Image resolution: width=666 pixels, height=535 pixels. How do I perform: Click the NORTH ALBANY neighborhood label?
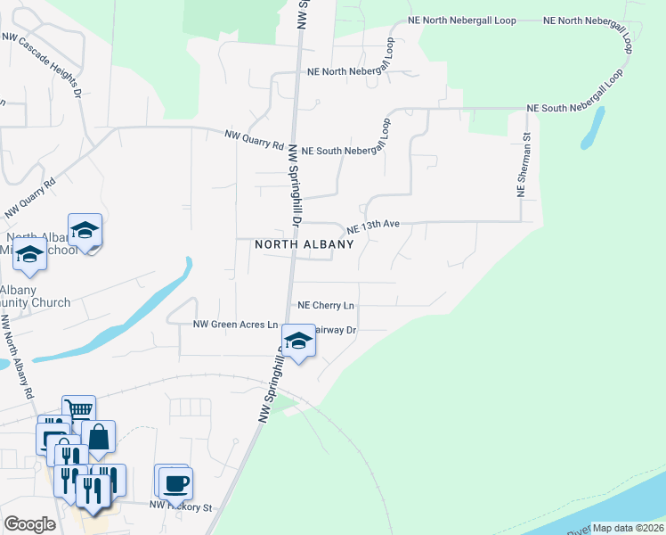[x=305, y=243]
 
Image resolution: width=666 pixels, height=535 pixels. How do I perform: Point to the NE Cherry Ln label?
[x=326, y=305]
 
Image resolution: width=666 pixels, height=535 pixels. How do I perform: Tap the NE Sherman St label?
[x=524, y=166]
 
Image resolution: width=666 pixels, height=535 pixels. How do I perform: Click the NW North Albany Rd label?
[x=19, y=357]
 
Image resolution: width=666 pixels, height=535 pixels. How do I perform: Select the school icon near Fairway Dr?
[x=298, y=341]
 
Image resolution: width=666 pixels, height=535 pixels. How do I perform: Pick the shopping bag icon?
[x=98, y=437]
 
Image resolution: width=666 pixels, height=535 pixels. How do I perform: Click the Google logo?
[x=29, y=524]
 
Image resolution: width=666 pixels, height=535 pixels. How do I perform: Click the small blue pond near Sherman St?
[x=592, y=128]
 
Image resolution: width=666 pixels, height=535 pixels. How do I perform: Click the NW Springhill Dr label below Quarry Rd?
[x=295, y=187]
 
